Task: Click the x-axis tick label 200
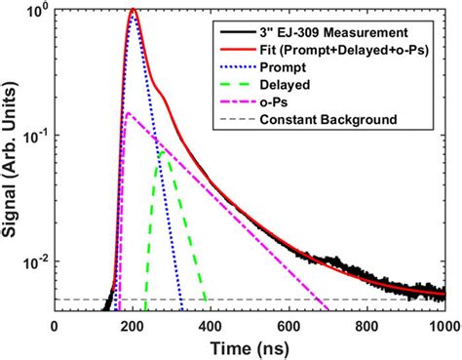click(x=133, y=327)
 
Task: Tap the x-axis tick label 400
click(x=211, y=327)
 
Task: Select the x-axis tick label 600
click(x=289, y=327)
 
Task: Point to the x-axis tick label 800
click(x=367, y=327)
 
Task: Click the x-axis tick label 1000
click(x=443, y=327)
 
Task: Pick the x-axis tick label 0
click(x=55, y=327)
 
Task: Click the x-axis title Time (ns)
click(x=250, y=347)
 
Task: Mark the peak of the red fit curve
click(x=133, y=11)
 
